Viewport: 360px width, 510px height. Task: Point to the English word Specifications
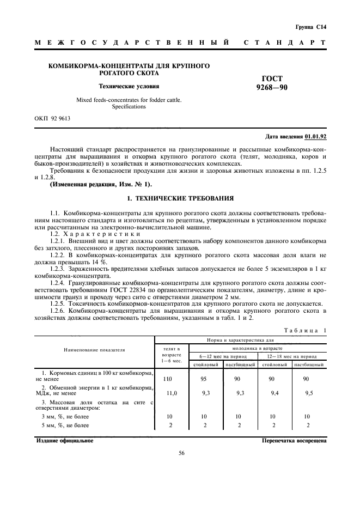coord(129,107)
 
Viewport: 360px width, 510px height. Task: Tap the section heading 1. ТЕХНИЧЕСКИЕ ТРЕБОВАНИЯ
coord(180,198)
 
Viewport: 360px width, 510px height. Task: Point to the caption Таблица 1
coord(304,331)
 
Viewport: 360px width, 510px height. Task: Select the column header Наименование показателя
coord(94,350)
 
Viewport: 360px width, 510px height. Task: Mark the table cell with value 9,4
coord(274,392)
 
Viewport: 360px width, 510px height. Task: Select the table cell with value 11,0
coord(172,392)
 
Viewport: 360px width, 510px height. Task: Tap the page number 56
coord(182,452)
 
